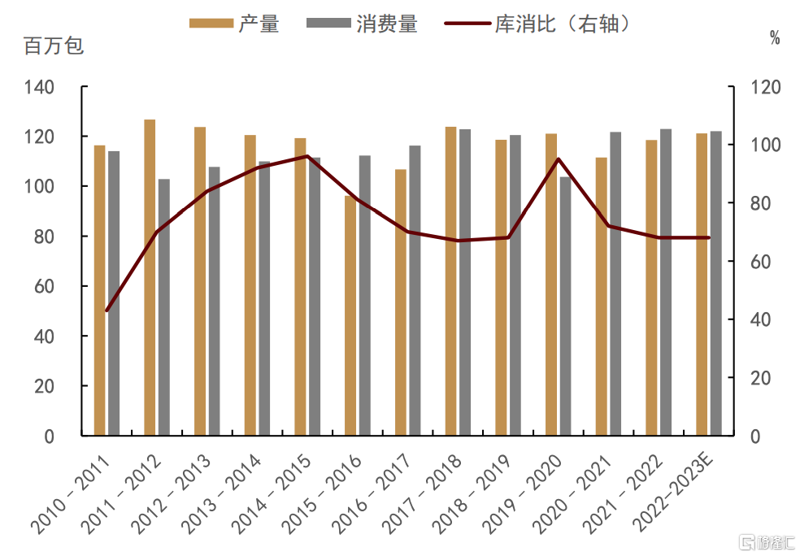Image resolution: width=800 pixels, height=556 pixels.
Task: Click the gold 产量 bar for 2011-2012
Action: point(150,277)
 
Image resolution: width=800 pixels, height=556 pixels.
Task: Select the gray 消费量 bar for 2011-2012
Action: point(164,307)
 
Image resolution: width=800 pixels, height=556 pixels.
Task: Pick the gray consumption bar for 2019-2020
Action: point(565,306)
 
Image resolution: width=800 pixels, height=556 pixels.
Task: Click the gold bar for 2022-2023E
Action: point(702,285)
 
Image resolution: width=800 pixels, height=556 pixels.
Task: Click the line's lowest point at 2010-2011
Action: point(107,311)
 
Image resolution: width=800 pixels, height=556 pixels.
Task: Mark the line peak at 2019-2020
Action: point(559,159)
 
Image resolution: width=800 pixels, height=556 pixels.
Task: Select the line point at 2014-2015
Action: point(307,156)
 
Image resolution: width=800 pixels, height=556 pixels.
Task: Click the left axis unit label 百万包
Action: point(54,46)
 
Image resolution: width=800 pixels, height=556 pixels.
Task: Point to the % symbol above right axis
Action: point(775,37)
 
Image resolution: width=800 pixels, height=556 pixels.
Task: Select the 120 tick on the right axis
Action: point(764,87)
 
